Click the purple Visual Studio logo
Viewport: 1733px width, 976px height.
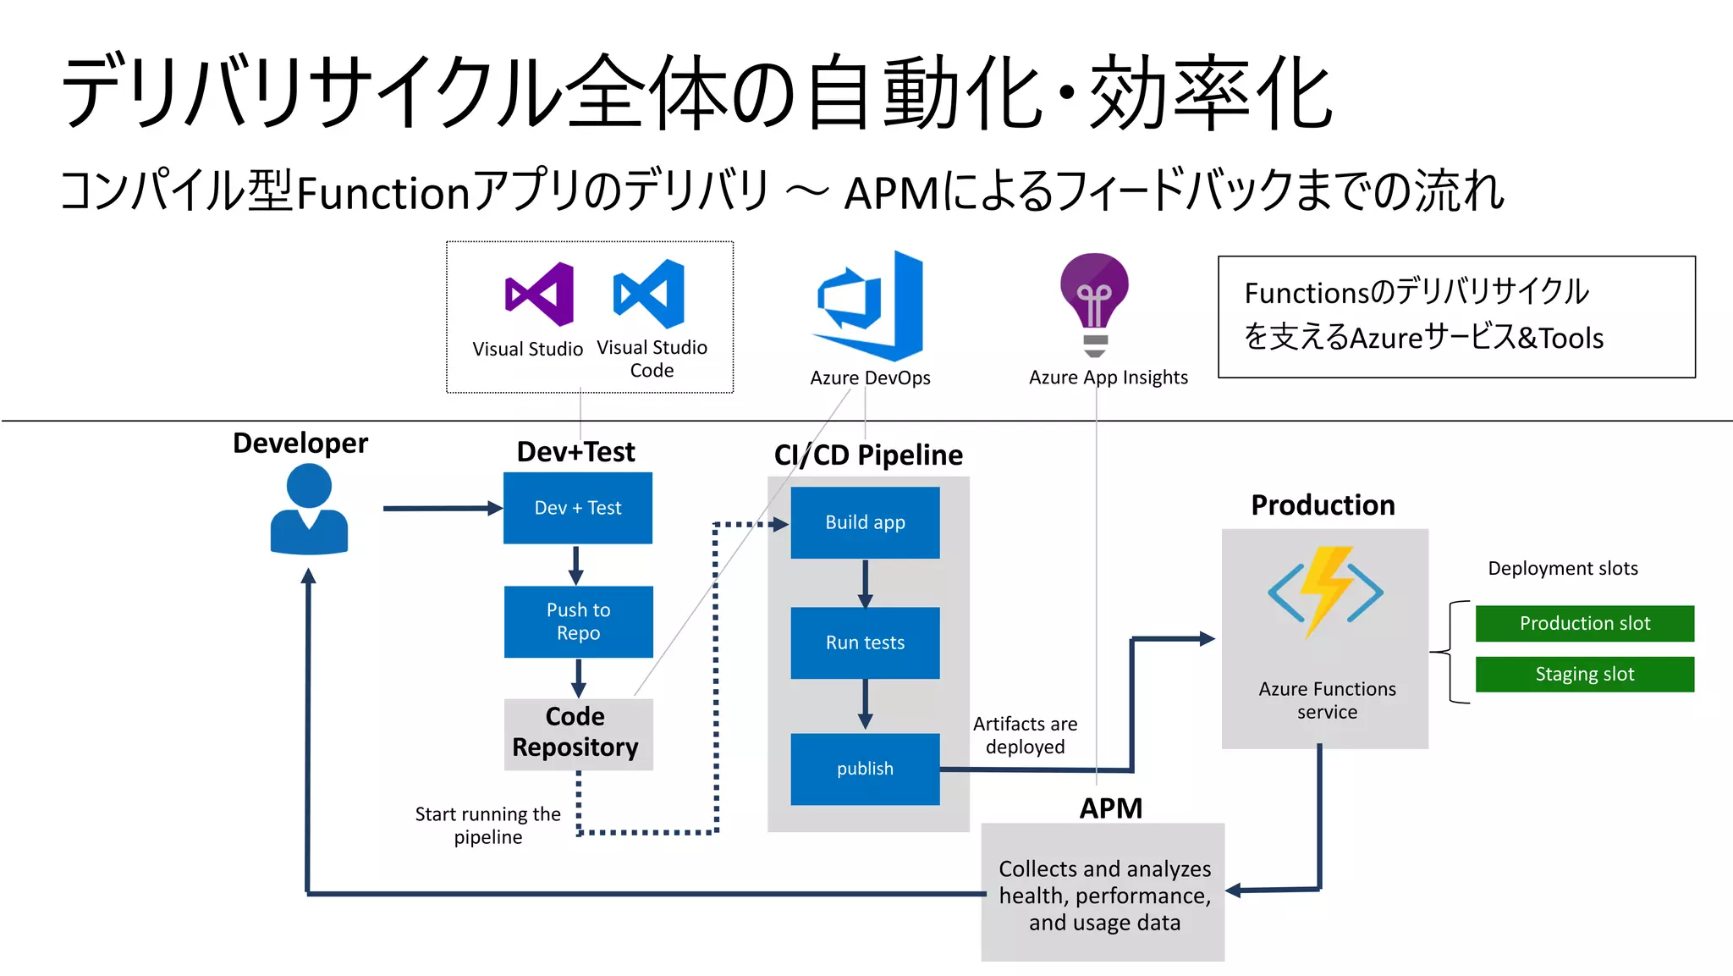pyautogui.click(x=539, y=294)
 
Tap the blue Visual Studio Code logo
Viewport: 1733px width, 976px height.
pyautogui.click(x=649, y=294)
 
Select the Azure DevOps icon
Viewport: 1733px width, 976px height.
pyautogui.click(x=869, y=306)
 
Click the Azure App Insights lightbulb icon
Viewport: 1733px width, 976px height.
pyautogui.click(x=1094, y=303)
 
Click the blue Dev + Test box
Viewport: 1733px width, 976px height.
pyautogui.click(x=578, y=508)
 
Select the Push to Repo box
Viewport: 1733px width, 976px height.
pyautogui.click(x=579, y=622)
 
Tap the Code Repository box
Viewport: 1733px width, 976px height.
pyautogui.click(x=578, y=733)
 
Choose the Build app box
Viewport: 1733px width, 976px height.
pyautogui.click(x=865, y=522)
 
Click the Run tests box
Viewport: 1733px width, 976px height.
pyautogui.click(x=865, y=642)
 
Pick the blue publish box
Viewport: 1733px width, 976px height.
pyautogui.click(x=865, y=769)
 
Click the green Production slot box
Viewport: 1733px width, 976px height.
pyautogui.click(x=1584, y=624)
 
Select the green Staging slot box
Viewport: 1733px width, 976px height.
pyautogui.click(x=1584, y=675)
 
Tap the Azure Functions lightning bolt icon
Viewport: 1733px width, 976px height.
pyautogui.click(x=1325, y=591)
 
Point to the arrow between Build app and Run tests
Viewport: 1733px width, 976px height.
pyautogui.click(x=865, y=583)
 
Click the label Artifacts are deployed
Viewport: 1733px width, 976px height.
pyautogui.click(x=1025, y=736)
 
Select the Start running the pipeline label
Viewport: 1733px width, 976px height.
pyautogui.click(x=487, y=825)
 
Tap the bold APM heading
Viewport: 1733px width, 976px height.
pyautogui.click(x=1110, y=808)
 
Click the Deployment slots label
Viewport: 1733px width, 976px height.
pyautogui.click(x=1562, y=569)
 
